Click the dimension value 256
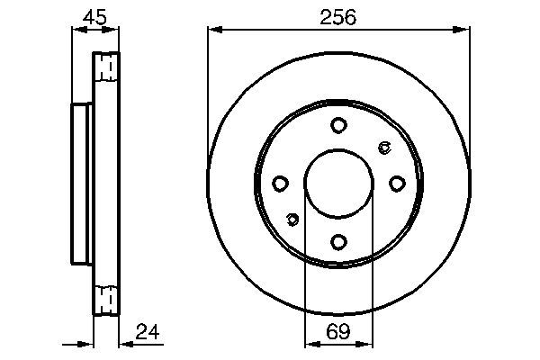[x=338, y=17]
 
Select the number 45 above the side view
[x=94, y=17]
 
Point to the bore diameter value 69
[x=338, y=332]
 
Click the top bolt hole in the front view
[x=338, y=125]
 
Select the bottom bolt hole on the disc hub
[x=338, y=241]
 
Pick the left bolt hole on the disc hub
[x=280, y=184]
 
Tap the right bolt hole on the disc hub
[x=397, y=184]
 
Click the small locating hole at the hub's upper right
[x=384, y=148]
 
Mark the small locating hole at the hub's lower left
[x=292, y=219]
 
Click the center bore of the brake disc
[x=338, y=184]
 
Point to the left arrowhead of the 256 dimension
[x=213, y=30]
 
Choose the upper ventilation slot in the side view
[x=106, y=67]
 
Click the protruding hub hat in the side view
[x=80, y=184]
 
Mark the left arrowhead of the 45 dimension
[x=76, y=30]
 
